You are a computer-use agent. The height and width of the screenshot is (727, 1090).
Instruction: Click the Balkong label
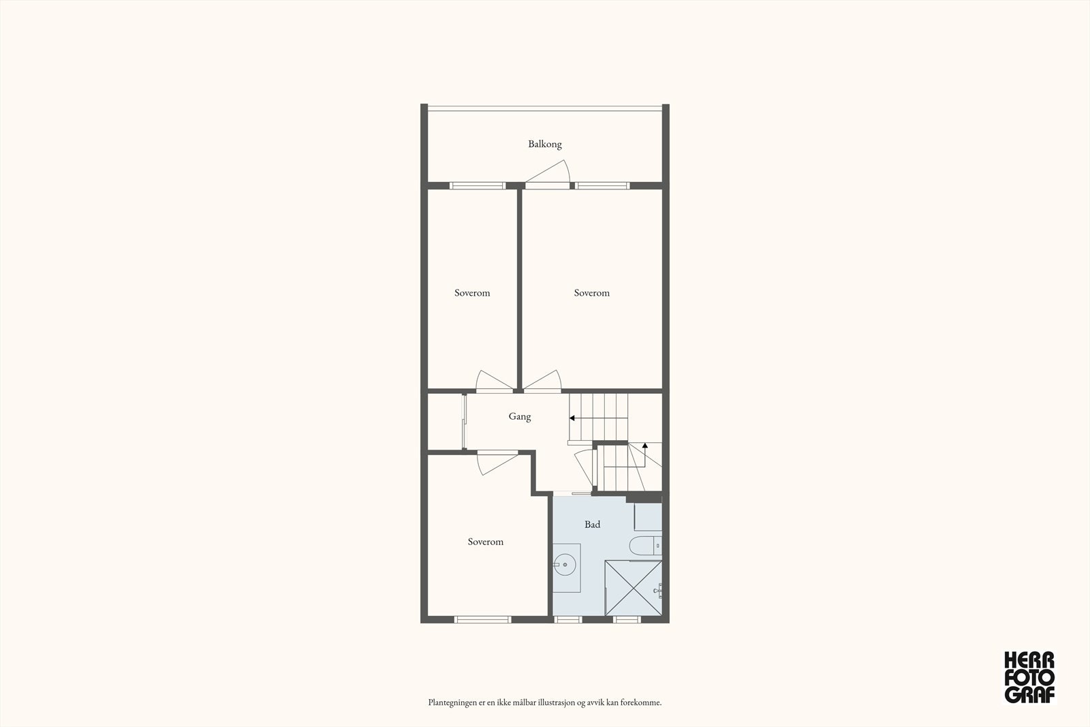(545, 144)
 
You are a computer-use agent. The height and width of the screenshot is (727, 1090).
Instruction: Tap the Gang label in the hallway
(519, 416)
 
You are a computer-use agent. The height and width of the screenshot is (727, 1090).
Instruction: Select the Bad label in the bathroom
(592, 525)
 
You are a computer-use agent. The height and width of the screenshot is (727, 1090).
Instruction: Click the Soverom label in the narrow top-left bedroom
(472, 293)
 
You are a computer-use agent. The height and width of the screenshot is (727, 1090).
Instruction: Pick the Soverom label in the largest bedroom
(591, 293)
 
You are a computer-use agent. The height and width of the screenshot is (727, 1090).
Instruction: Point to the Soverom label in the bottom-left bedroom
(485, 542)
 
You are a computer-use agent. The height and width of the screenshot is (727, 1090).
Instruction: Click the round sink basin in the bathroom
(564, 565)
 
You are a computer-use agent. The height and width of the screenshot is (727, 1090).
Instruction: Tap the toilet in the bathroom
(644, 545)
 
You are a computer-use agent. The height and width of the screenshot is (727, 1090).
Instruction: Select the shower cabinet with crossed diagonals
(633, 587)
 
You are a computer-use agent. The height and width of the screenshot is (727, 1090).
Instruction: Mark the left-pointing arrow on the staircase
(574, 418)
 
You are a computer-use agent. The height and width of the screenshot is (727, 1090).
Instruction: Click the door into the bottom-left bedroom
(496, 463)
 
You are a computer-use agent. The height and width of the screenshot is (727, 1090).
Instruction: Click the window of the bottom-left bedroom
(482, 619)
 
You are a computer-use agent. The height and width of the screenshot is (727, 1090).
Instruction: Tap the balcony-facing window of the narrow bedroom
(477, 185)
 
